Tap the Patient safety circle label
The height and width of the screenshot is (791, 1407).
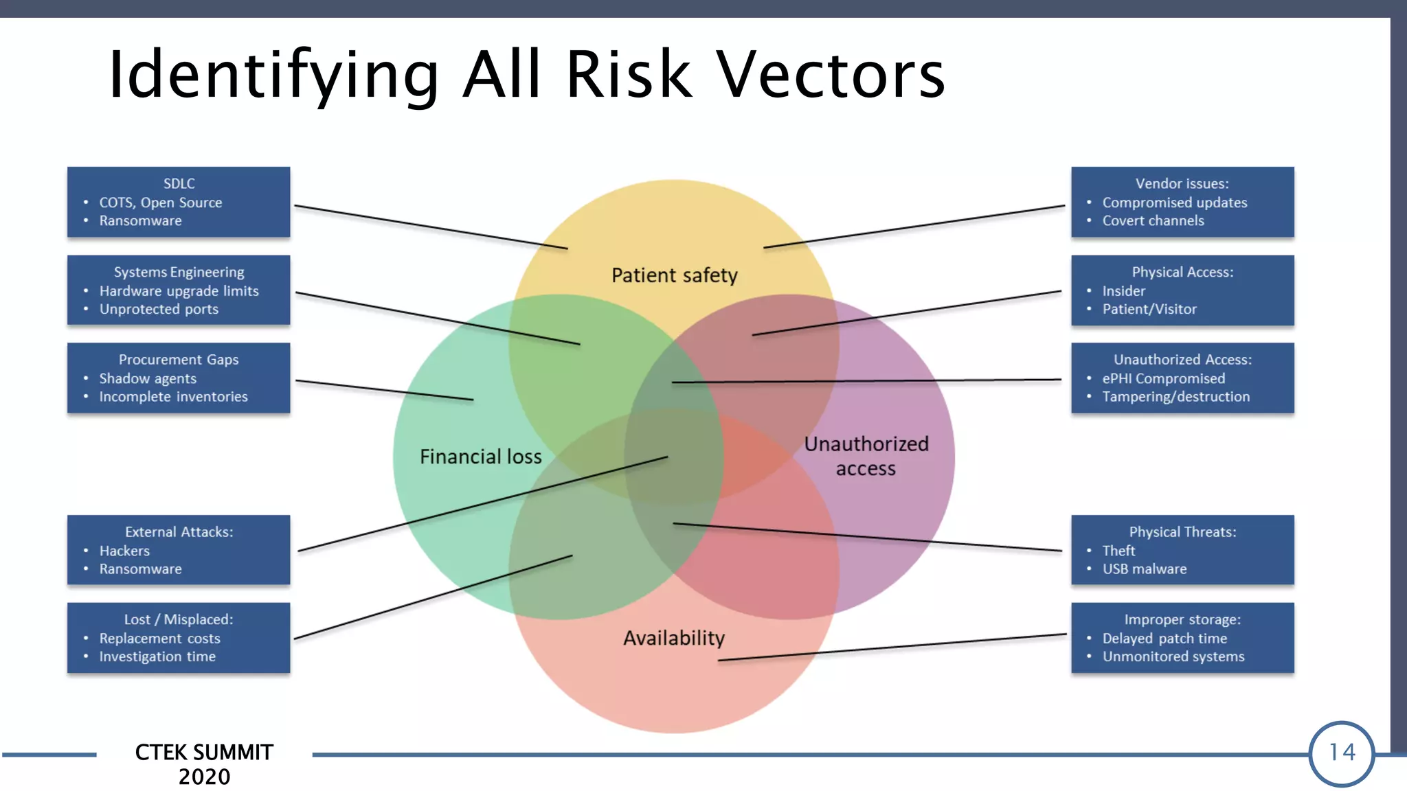(674, 275)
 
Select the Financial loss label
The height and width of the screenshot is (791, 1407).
(480, 457)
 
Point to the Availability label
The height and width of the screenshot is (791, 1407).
(673, 638)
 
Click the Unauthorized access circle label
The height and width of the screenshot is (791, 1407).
(866, 456)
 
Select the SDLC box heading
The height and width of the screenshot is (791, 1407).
(179, 184)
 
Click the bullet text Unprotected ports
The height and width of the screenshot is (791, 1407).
(159, 309)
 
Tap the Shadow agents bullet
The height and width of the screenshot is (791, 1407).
(148, 378)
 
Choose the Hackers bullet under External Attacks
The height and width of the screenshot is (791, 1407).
(124, 551)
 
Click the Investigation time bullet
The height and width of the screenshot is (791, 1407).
(157, 656)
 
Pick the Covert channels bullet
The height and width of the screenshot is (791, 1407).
(1153, 220)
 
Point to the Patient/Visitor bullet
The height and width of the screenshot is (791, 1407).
(1149, 309)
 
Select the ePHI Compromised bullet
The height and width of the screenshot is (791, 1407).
(1163, 378)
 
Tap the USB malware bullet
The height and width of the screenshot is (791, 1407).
(1145, 569)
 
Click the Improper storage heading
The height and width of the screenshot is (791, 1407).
(1182, 619)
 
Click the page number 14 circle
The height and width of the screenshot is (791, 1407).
(1341, 753)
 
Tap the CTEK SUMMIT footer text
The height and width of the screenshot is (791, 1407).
(204, 752)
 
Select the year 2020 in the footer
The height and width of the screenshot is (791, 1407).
(204, 777)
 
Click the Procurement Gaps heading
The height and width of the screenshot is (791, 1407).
(179, 359)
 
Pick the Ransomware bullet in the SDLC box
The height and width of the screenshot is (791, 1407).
(140, 220)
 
